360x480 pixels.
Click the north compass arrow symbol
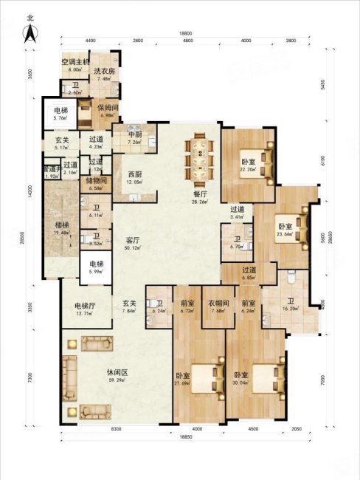(x=30, y=30)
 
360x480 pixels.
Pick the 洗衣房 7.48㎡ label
(x=103, y=75)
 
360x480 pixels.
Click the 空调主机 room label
(x=75, y=64)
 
